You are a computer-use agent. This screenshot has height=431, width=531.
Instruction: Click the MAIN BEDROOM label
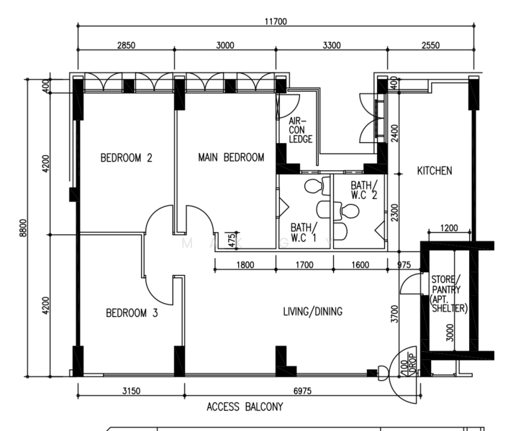click(x=231, y=157)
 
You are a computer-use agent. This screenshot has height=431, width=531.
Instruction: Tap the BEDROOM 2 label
click(x=127, y=157)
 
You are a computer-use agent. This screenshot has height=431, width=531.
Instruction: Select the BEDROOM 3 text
click(x=132, y=313)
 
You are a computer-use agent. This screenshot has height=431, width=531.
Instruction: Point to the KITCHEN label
click(x=435, y=171)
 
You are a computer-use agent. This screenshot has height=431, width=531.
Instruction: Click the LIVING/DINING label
click(x=312, y=311)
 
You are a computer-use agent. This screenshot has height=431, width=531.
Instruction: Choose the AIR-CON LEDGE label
click(x=300, y=130)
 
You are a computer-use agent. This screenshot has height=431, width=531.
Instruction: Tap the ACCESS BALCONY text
click(x=245, y=407)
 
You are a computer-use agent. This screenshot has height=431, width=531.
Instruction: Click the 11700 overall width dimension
click(x=276, y=22)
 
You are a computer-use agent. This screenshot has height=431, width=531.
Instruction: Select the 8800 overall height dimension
click(x=23, y=228)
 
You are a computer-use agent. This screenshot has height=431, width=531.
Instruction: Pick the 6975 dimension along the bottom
click(x=302, y=391)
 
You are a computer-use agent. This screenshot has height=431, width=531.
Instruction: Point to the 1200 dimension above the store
click(x=449, y=228)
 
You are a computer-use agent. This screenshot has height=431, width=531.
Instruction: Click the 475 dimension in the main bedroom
click(x=232, y=241)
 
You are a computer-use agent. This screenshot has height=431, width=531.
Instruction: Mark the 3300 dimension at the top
click(x=332, y=45)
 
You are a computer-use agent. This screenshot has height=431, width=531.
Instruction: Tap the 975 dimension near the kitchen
click(x=404, y=264)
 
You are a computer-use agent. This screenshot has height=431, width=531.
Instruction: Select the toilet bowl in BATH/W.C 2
click(x=346, y=211)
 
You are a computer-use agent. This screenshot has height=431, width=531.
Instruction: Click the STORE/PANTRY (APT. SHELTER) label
click(x=448, y=294)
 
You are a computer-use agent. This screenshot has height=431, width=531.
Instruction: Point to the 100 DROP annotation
click(x=408, y=364)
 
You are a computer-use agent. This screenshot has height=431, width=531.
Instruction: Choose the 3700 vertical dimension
click(x=395, y=314)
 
